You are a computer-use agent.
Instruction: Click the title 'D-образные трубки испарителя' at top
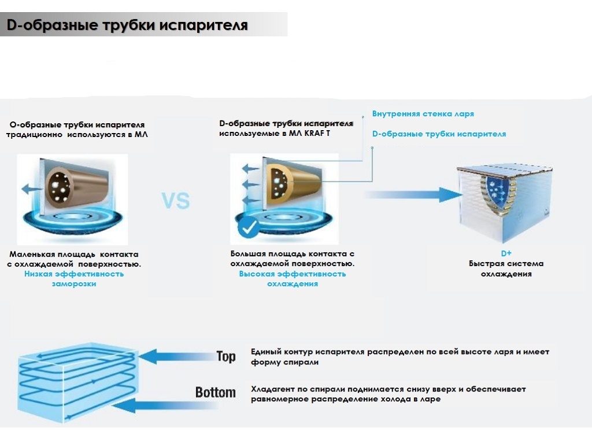127,26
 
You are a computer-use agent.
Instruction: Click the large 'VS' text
175,201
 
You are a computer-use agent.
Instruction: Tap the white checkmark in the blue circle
250,229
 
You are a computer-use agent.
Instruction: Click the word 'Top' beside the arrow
226,356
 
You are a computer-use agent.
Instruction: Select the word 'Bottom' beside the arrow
215,393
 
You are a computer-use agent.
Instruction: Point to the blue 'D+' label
506,253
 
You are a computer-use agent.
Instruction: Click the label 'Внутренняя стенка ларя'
423,114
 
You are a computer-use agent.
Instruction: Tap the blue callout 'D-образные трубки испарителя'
439,134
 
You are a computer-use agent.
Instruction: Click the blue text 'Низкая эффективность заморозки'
74,279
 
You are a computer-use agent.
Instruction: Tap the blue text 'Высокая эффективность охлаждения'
292,279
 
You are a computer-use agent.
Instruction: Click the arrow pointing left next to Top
176,356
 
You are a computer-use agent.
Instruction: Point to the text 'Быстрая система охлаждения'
506,269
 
